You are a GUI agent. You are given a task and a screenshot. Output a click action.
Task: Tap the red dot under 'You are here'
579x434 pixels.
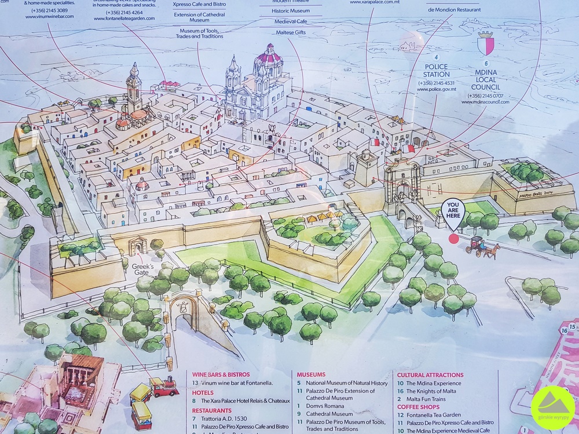453,238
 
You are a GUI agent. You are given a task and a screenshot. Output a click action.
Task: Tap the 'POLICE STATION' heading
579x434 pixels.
437,71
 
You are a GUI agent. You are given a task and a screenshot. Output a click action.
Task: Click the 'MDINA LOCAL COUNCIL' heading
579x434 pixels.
485,80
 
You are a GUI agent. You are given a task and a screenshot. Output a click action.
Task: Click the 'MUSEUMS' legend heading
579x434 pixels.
312,374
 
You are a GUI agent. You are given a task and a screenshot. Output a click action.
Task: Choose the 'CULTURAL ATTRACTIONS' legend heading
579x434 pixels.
430,374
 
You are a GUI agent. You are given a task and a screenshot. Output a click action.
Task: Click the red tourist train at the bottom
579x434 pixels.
164,386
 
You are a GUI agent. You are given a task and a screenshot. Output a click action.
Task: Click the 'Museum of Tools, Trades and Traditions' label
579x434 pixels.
201,33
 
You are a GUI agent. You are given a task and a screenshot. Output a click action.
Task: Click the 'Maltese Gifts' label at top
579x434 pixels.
291,32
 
